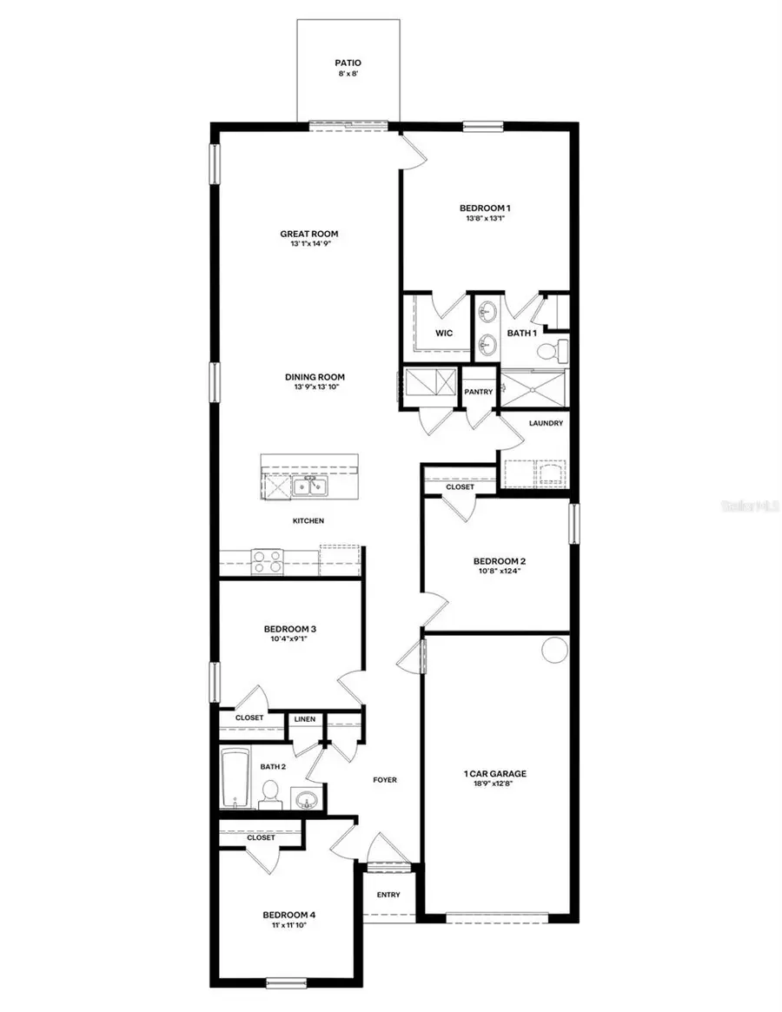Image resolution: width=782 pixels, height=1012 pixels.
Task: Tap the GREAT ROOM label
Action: pos(308,234)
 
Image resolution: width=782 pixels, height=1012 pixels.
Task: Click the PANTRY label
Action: pos(478,392)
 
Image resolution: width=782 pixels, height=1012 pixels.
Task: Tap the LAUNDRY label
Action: pos(546,423)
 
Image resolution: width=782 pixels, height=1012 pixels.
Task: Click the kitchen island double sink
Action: pos(310,486)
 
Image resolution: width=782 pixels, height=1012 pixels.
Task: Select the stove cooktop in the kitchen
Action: pos(266,561)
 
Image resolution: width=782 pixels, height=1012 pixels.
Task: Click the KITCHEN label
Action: pos(308,521)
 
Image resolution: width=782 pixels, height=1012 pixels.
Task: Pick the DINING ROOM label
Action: pos(315,377)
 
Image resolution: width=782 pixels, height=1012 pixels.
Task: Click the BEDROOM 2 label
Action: pos(496,560)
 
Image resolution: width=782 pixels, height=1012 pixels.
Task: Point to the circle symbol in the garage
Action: pos(553,650)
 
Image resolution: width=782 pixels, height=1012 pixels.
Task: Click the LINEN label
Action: pos(304,719)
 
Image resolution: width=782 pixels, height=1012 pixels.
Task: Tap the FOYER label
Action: pos(384,780)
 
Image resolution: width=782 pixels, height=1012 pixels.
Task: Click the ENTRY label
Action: pos(388,895)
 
